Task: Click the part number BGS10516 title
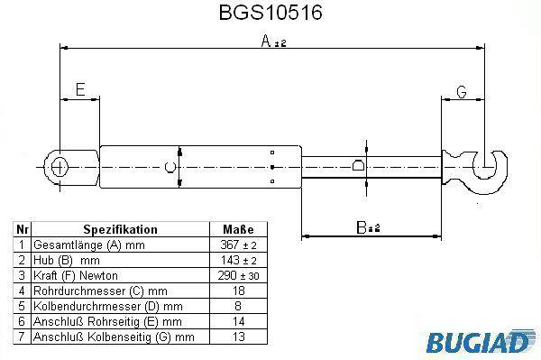pos(270,13)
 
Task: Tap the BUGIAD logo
pos(479,342)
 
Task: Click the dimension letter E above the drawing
pos(80,89)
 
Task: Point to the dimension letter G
pos(462,92)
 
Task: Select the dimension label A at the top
pos(266,41)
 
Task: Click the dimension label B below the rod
pos(362,227)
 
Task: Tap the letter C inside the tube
pos(170,167)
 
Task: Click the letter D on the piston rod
pos(358,165)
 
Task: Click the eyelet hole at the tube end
pos(60,167)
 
